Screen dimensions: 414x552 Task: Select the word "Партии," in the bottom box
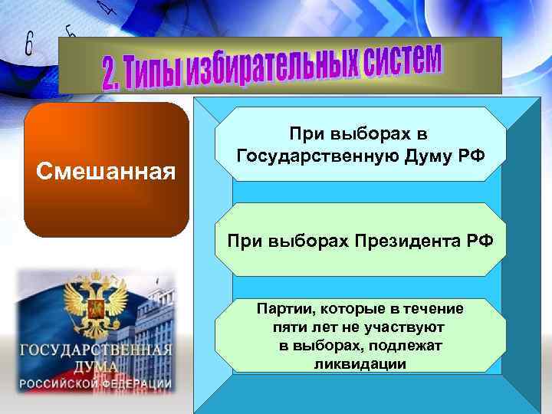pos(287,308)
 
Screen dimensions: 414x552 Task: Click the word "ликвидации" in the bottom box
pos(360,363)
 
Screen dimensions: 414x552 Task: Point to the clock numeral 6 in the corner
pos(29,45)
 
